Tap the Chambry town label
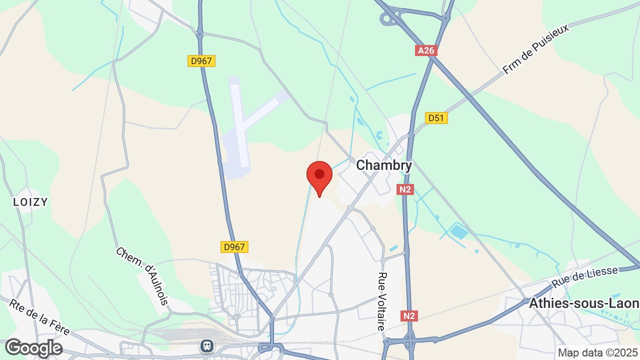coord(384,165)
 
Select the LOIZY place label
coord(30,202)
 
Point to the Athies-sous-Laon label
coord(583,303)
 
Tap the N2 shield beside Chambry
coord(405,189)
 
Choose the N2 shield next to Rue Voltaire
coord(408,316)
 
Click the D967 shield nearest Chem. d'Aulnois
coord(234,247)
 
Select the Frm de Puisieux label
coord(535,49)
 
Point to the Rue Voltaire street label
coord(382,301)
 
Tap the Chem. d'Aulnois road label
coord(142,275)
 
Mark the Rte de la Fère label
coord(39,317)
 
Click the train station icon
coord(206,345)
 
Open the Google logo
coord(33,348)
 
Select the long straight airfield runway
coord(239,123)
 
